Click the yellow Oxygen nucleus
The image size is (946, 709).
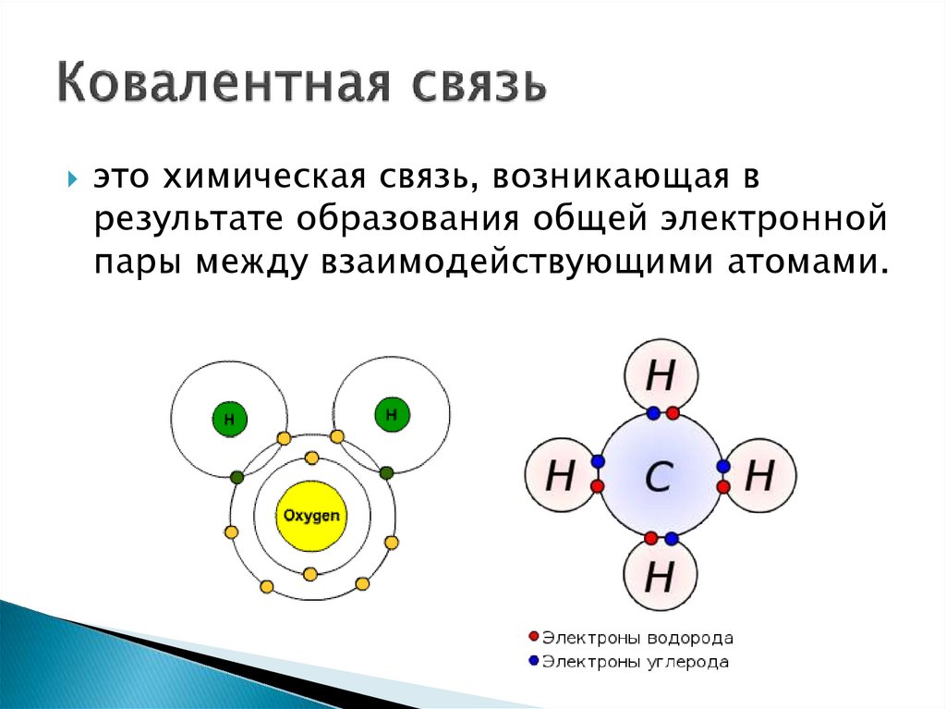[310, 515]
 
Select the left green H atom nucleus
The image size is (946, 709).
[228, 420]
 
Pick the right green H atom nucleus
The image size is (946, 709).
[391, 414]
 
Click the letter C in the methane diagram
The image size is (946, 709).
[659, 476]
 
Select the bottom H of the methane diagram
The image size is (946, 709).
[659, 577]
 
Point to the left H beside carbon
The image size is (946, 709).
[560, 476]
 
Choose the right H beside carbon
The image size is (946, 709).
[758, 476]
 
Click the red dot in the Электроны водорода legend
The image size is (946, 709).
[532, 637]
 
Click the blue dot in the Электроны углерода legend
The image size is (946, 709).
[532, 661]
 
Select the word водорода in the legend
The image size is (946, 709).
[688, 637]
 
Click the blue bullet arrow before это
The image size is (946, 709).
[73, 177]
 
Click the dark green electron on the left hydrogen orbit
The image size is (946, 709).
[236, 477]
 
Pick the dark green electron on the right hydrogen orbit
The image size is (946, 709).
[386, 472]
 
